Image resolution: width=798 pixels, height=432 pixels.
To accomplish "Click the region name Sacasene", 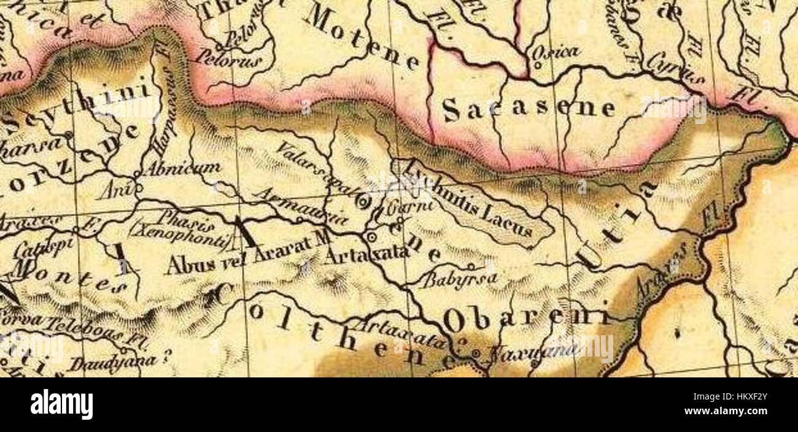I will coord(528,109).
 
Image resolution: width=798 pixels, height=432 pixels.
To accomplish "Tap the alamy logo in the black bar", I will coord(61,405).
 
